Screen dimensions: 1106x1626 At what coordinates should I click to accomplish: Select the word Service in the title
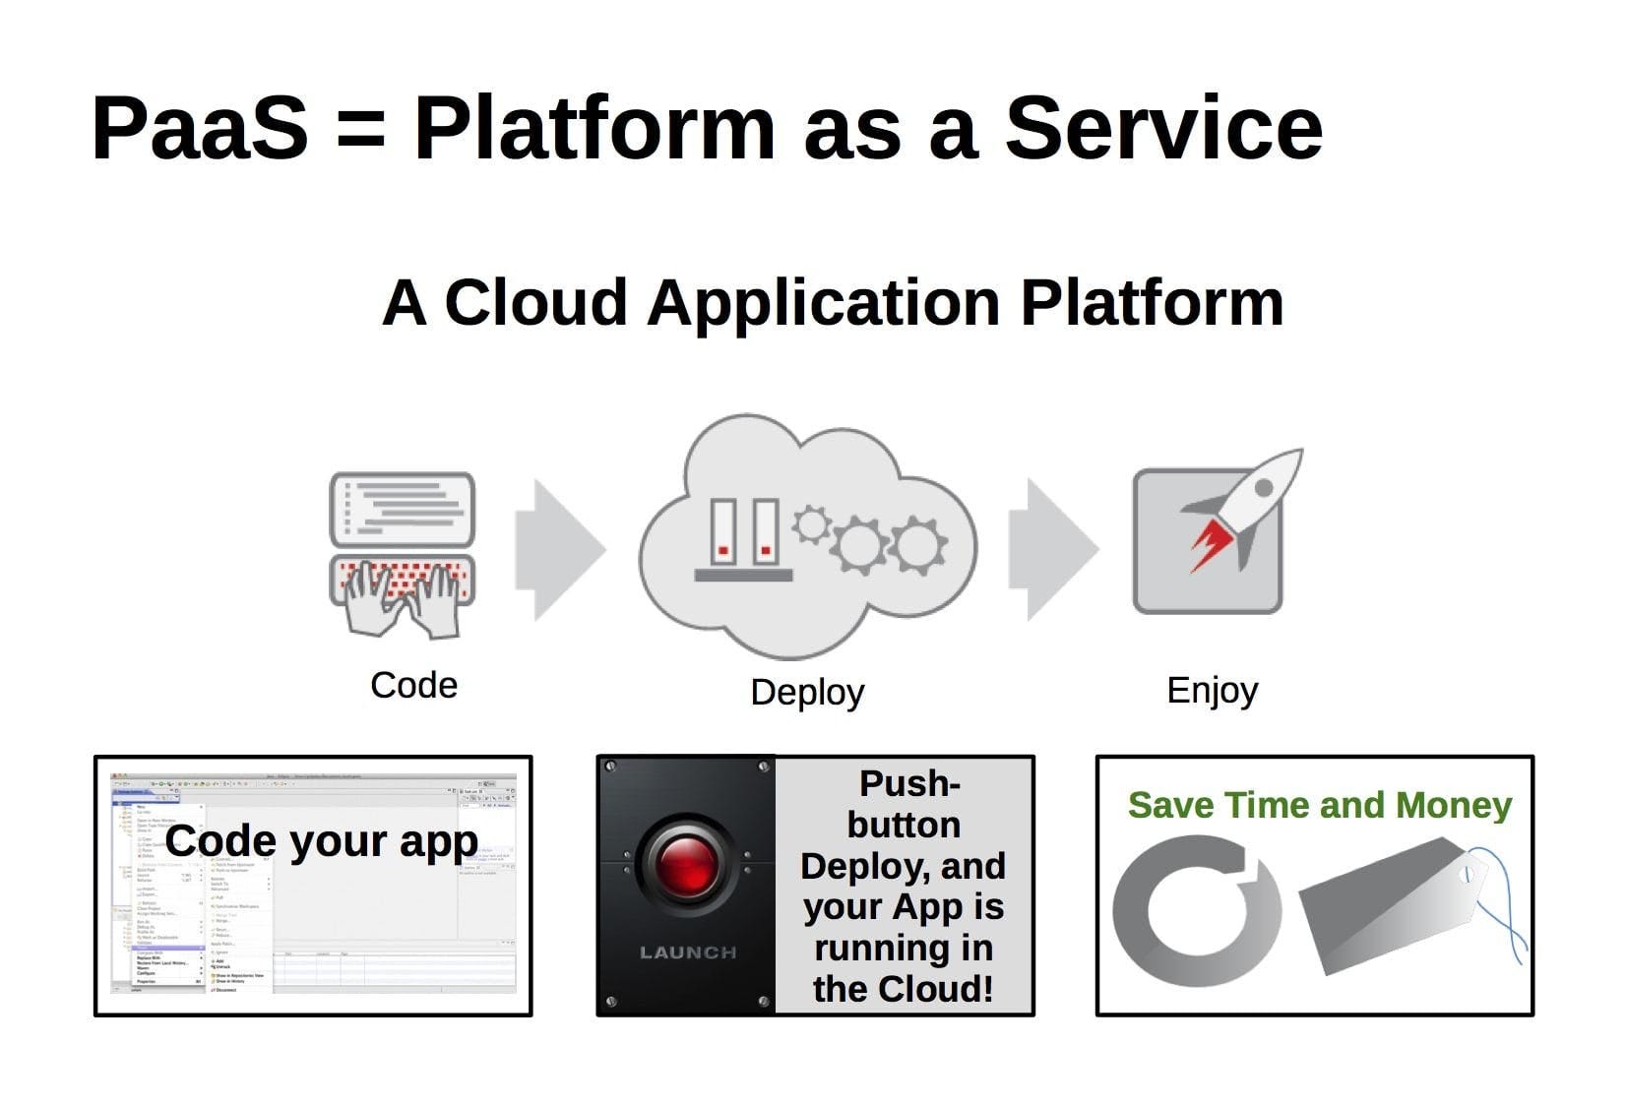[1163, 128]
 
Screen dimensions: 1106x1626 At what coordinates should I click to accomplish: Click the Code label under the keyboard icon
[413, 685]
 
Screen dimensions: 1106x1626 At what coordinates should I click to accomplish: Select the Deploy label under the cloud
[807, 692]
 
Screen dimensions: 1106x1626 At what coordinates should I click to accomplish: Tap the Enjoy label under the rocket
[1212, 691]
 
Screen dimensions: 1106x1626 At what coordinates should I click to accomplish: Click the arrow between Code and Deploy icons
[558, 549]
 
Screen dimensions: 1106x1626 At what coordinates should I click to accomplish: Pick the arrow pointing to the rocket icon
[1051, 549]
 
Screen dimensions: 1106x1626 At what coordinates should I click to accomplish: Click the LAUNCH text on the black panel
[688, 952]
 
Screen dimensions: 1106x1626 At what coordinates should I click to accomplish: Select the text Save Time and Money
[1319, 805]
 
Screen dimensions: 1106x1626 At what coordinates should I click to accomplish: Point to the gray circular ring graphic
[1197, 910]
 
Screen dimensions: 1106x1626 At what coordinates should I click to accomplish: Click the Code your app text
[321, 841]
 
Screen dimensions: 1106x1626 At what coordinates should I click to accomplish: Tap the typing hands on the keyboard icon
[402, 595]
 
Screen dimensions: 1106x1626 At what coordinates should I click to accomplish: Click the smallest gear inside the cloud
[812, 524]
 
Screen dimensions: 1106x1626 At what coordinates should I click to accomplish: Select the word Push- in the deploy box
[908, 784]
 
